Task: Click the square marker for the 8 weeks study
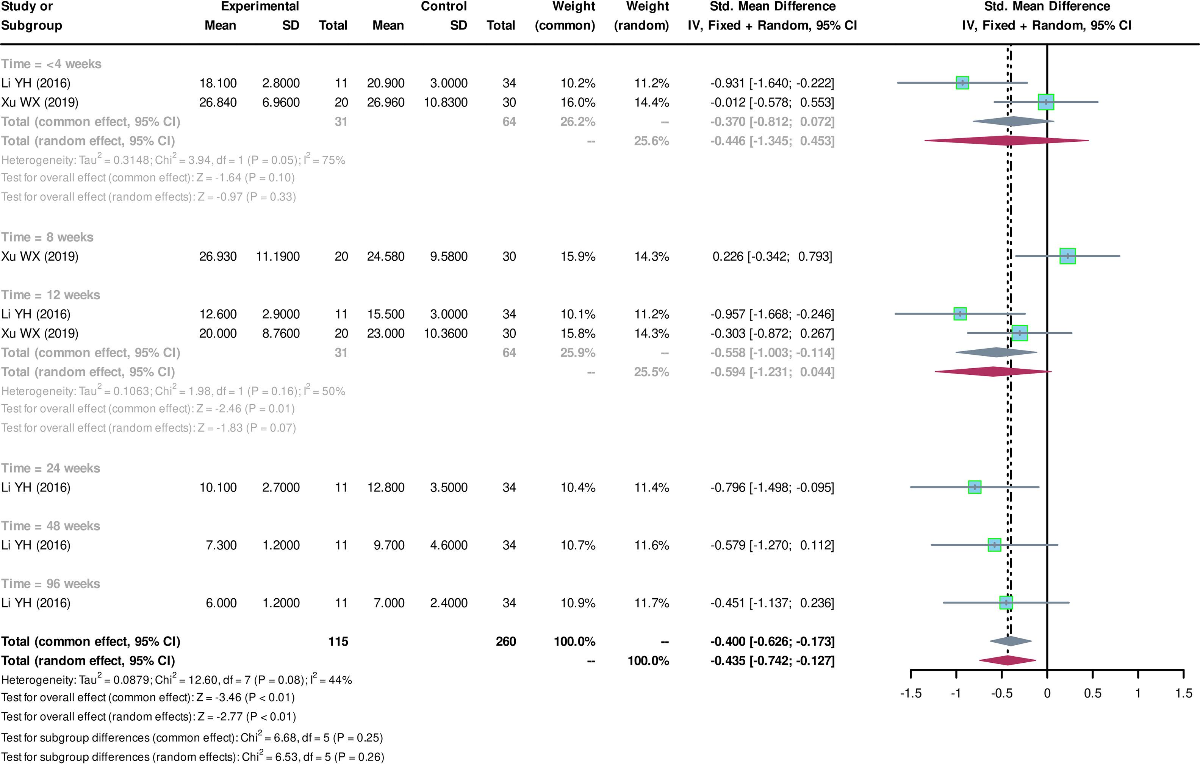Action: [1067, 256]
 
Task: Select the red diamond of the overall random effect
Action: [1008, 660]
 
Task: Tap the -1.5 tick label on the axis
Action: [911, 693]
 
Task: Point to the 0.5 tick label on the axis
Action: [1092, 693]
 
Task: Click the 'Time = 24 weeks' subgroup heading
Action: [50, 468]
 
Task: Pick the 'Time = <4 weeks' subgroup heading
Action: [51, 64]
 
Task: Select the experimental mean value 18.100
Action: [218, 83]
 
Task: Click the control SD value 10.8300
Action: [446, 103]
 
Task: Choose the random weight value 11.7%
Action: [651, 603]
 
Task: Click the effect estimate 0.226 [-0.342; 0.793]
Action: [772, 257]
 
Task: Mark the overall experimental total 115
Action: [338, 641]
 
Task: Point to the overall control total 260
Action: [505, 641]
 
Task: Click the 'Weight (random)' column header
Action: [642, 16]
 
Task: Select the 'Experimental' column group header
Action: [260, 6]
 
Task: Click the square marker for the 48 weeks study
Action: [994, 545]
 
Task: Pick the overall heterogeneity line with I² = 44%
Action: [177, 680]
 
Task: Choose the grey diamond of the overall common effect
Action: [1011, 641]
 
